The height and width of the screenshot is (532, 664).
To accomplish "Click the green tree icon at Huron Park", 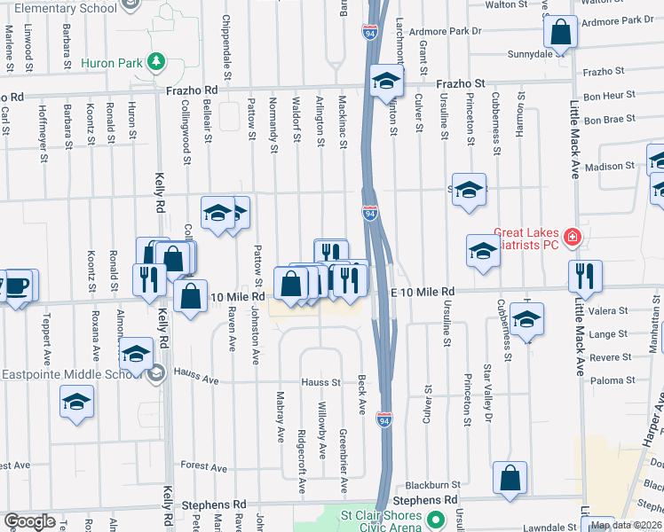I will tap(156, 61).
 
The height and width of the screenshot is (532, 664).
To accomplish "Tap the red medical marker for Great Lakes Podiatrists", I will tap(573, 237).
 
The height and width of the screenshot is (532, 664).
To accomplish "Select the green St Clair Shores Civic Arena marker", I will tap(434, 518).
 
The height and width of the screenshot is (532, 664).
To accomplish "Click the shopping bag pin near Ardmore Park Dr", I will tap(561, 33).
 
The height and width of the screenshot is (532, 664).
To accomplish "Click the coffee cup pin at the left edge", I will tap(18, 286).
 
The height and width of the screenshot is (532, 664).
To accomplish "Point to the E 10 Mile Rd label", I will tap(423, 292).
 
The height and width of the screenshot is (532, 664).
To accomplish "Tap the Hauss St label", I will tap(320, 382).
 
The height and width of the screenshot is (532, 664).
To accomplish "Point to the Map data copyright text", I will tap(627, 525).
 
